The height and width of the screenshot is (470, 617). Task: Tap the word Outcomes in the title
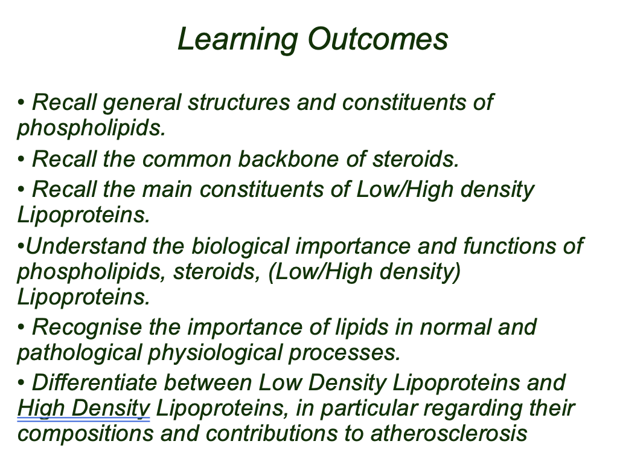coord(378,39)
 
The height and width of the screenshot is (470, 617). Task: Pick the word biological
coord(240,247)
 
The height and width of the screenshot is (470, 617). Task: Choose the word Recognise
coord(86,328)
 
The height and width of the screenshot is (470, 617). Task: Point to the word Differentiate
coord(94,382)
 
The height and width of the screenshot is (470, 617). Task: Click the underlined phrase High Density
coord(84,408)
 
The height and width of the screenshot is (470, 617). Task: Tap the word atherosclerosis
coord(449,433)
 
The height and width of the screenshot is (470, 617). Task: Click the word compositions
coord(86,434)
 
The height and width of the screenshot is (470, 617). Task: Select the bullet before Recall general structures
coord(21,103)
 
